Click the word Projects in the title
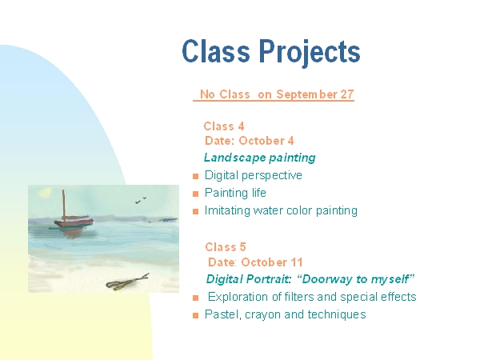[310, 52]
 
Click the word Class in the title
[216, 51]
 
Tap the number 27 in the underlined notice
[347, 94]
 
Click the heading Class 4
[224, 126]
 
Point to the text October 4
[266, 141]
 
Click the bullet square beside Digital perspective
[196, 176]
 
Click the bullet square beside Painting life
[196, 194]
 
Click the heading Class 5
[226, 247]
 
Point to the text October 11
[272, 262]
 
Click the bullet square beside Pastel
[196, 316]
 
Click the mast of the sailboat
[64, 205]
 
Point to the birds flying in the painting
[141, 200]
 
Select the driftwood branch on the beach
[127, 282]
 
